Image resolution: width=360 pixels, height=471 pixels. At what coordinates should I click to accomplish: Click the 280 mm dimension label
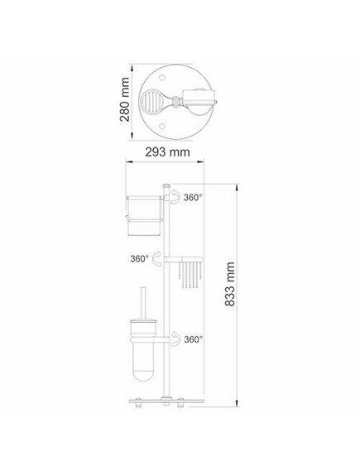point(125,99)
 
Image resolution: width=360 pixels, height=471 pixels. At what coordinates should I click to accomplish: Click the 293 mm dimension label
point(167,152)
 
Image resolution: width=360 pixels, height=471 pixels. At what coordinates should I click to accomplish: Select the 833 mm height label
point(230,284)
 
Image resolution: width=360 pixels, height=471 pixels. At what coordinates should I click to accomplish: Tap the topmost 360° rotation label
point(193,198)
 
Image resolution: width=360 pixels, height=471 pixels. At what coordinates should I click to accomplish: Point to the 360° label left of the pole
point(139,258)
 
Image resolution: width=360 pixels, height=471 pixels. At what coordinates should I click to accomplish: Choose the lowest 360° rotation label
point(194,339)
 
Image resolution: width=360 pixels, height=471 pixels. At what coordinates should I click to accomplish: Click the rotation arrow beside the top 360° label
point(175,197)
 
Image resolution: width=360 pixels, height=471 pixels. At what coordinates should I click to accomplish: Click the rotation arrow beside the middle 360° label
point(156,258)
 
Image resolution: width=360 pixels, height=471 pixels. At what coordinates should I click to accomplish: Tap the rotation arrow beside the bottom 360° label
point(175,339)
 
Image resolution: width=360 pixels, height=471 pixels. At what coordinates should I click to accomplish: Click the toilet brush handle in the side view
point(143,304)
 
